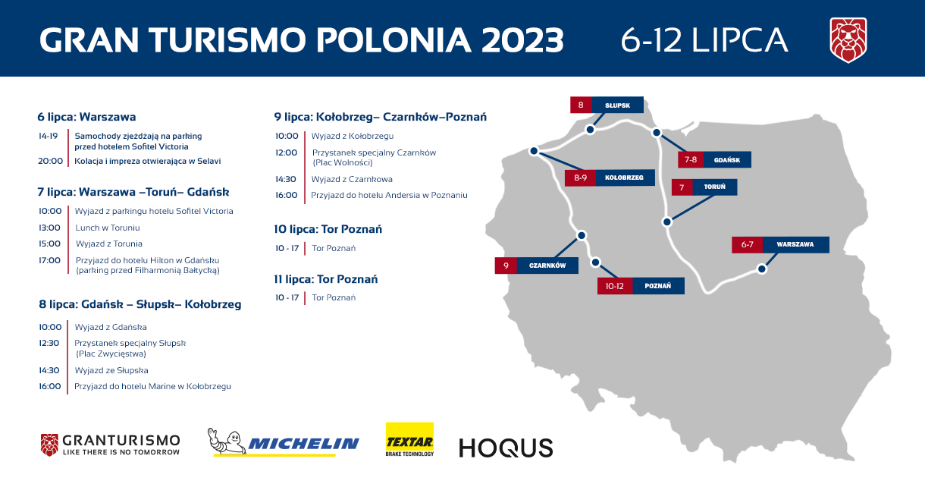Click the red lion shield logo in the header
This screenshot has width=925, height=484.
(x=848, y=40)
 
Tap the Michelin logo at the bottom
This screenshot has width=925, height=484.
(x=284, y=442)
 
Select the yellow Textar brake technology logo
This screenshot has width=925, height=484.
(x=409, y=439)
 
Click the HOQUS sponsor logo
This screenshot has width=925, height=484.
(x=506, y=448)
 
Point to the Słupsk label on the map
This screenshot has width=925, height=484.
(x=617, y=105)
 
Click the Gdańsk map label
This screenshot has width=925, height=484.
(x=727, y=159)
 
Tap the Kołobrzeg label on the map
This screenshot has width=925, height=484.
(x=624, y=178)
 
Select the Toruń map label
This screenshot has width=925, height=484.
(x=714, y=187)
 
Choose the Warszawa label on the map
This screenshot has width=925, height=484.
(x=795, y=244)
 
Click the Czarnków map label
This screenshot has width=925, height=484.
(x=547, y=266)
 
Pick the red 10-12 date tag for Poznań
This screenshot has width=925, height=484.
(x=615, y=286)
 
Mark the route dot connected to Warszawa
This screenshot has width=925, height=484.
(x=762, y=269)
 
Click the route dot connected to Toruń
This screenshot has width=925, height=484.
(x=667, y=222)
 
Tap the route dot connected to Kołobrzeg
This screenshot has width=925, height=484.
(x=534, y=151)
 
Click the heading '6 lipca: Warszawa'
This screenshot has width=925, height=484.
(x=86, y=117)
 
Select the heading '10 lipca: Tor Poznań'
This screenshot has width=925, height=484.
(x=328, y=229)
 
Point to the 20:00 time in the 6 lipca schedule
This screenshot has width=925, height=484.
(x=50, y=161)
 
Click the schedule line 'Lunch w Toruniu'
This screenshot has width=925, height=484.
(x=108, y=228)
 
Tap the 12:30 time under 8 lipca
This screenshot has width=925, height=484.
(x=49, y=343)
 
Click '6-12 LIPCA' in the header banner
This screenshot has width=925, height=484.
(x=705, y=40)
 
